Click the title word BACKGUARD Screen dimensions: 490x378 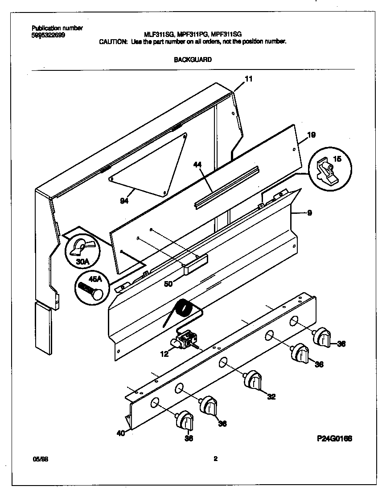point(192,59)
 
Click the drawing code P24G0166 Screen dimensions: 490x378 point(335,439)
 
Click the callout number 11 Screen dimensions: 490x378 point(249,79)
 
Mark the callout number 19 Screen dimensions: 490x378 point(312,135)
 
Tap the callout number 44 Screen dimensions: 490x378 point(197,165)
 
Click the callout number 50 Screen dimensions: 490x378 point(168,283)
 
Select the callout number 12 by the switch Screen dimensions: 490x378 point(164,354)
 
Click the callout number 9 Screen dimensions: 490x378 point(309,213)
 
